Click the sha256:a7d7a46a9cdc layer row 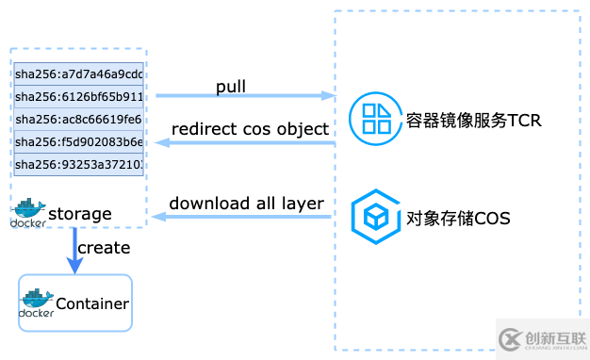click(x=79, y=74)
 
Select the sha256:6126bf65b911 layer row click(x=79, y=96)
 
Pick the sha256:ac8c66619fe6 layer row click(x=79, y=120)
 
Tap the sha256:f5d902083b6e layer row click(x=79, y=142)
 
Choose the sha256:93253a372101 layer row click(x=79, y=165)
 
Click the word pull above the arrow click(x=231, y=87)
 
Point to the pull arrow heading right click(x=245, y=96)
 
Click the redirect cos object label click(x=250, y=129)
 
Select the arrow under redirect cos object click(x=245, y=143)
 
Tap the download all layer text click(x=247, y=204)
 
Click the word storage click(x=79, y=214)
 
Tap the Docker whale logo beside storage click(x=27, y=213)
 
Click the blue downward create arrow click(x=73, y=252)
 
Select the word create click(x=104, y=248)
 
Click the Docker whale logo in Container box click(x=37, y=303)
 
